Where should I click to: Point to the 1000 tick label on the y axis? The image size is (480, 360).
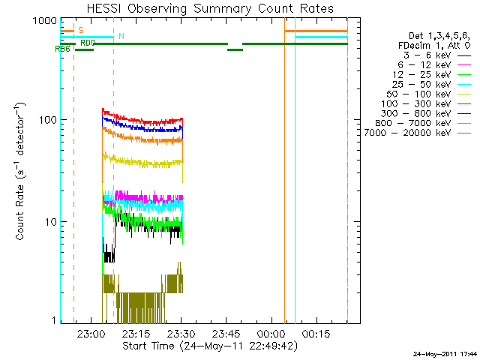coord(43,20)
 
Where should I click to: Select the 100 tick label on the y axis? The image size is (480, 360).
coord(46,120)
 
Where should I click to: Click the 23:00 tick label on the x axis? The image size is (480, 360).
coord(89,334)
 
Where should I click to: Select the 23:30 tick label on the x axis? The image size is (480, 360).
coord(181,334)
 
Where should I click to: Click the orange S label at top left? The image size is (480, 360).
coord(80,29)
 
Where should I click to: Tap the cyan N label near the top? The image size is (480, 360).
coord(121,36)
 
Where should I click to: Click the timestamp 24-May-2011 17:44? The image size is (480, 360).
coord(445,353)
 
